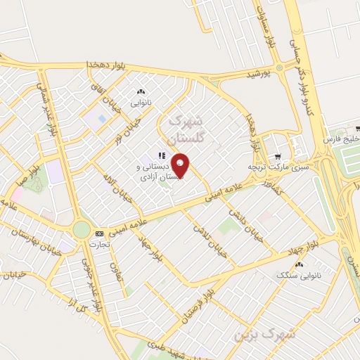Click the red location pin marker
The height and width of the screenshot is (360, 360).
[x=181, y=165]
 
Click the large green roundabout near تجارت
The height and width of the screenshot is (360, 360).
[x=82, y=229]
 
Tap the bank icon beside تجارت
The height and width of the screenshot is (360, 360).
[x=98, y=233]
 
